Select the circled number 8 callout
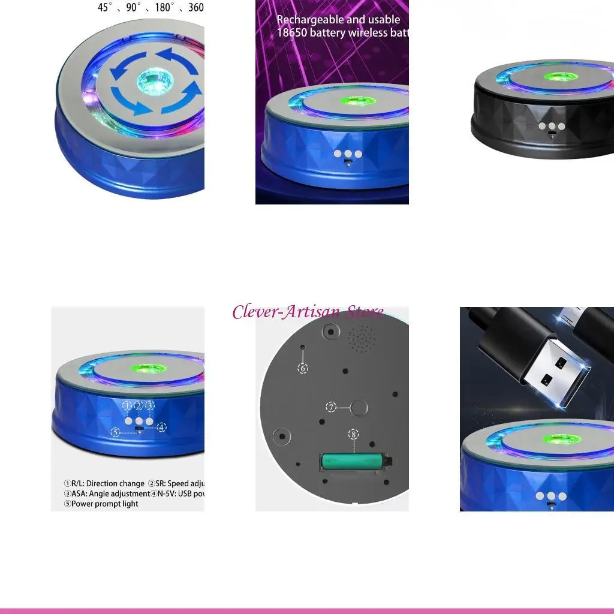tap(353, 434)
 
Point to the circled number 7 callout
tap(331, 407)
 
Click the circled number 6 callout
tap(303, 368)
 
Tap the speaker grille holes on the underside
tap(362, 338)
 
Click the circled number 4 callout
tap(161, 428)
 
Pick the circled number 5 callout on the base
tap(116, 431)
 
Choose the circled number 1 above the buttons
tap(127, 406)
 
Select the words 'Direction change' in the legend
tap(115, 483)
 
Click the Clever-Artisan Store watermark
tap(308, 312)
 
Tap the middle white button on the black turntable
tap(551, 127)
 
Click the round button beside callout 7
tap(359, 408)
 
